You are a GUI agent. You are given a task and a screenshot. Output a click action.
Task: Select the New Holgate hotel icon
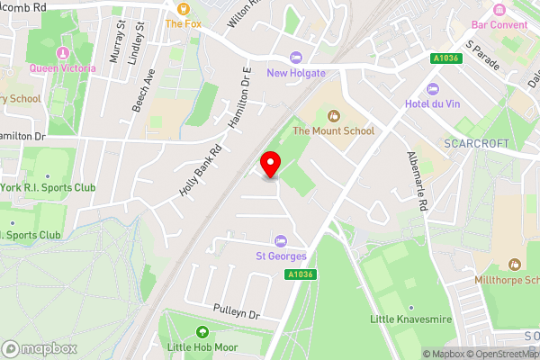tap(296, 58)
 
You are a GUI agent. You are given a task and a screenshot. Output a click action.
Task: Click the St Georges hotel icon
tap(280, 242)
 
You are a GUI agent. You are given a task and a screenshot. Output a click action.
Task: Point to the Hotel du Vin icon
tap(432, 89)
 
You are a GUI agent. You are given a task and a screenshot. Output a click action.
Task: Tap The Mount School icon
tap(334, 115)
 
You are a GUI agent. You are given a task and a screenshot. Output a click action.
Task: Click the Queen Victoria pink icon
tap(61, 52)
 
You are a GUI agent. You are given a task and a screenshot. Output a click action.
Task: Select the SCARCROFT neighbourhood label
tap(477, 144)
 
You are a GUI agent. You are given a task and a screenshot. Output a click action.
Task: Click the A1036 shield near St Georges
tap(302, 275)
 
